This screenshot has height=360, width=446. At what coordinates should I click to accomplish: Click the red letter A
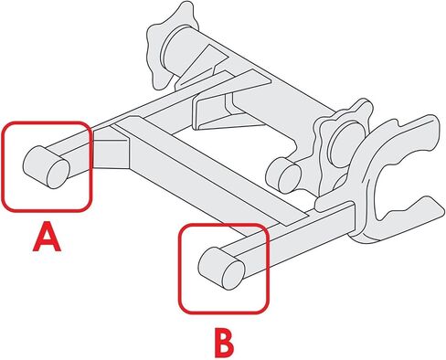pos(47,237)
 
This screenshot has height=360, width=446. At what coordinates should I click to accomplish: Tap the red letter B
pos(224,343)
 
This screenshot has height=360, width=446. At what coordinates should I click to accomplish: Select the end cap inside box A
pos(47,167)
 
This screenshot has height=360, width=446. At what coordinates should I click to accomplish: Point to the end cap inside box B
pos(221,269)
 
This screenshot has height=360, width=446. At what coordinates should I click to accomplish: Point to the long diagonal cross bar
pos(210,171)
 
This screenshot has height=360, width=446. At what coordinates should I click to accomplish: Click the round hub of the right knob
pos(347,143)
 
